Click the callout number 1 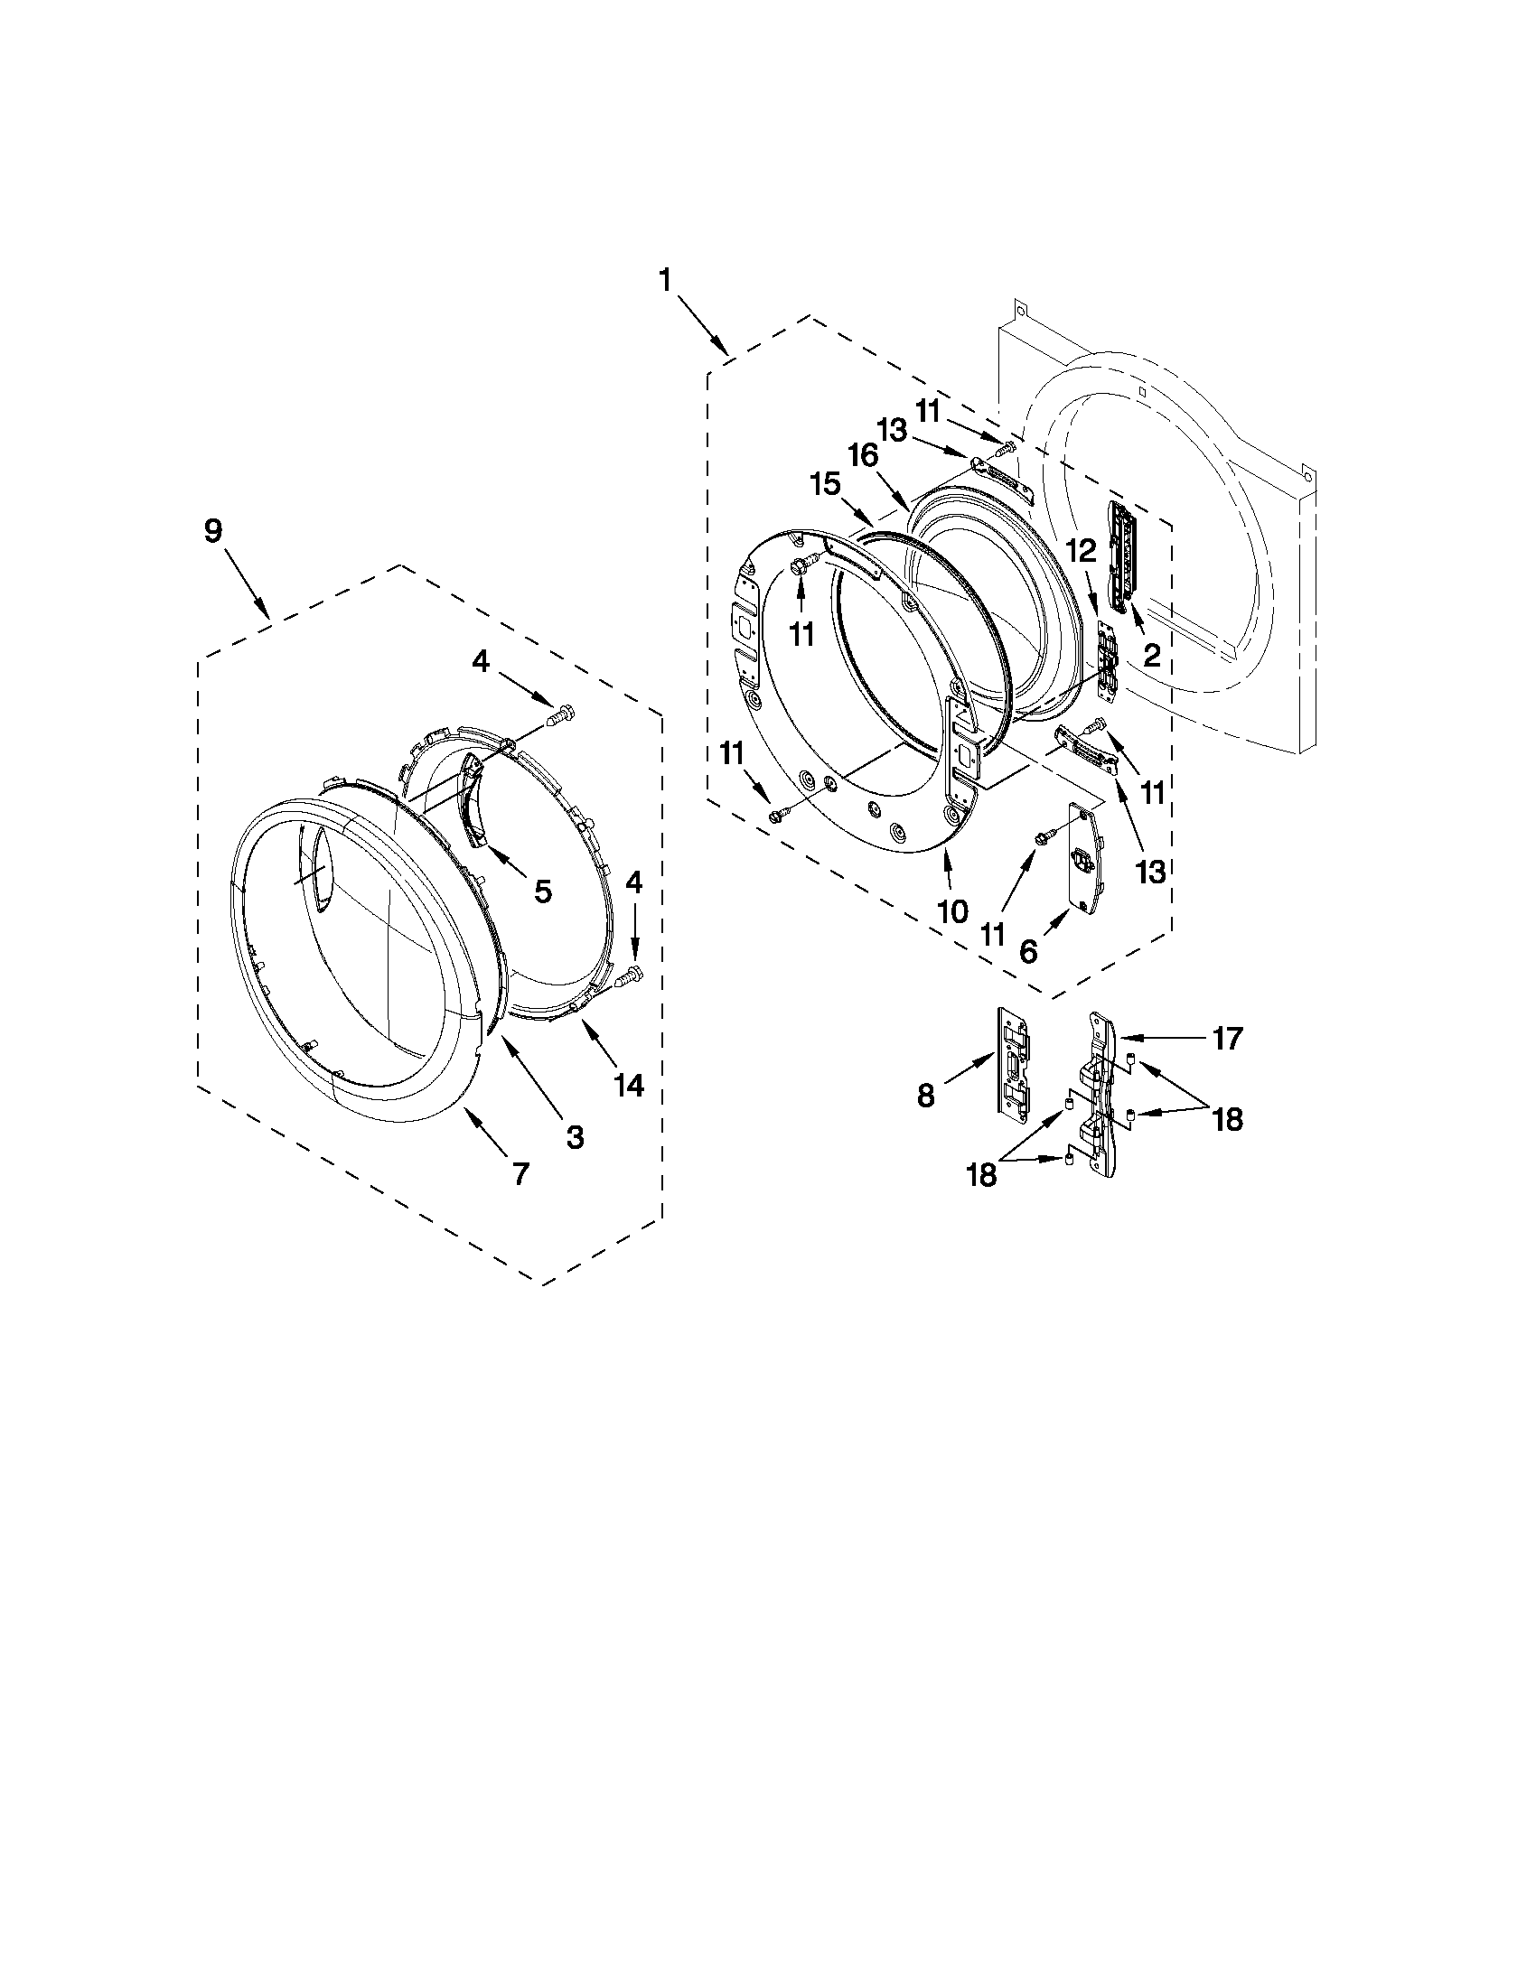666,279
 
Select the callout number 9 212,531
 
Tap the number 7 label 520,1174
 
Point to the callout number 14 629,1084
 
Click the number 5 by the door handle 543,891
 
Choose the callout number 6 1028,952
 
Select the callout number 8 926,1097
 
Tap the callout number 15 826,483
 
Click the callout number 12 1082,550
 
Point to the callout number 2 1152,654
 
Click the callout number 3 575,1136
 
